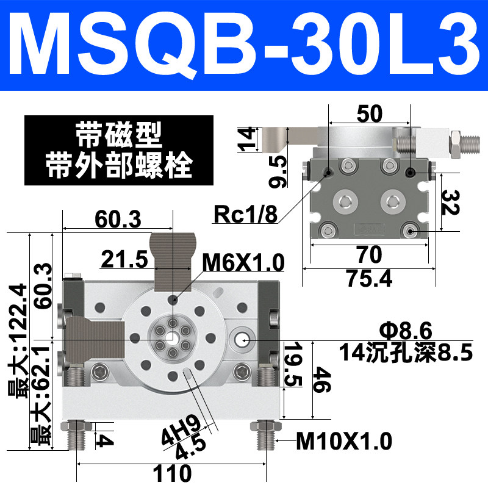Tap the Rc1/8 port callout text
245,215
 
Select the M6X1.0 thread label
243,262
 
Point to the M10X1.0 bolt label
344,441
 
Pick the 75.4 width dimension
370,278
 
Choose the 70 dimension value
370,254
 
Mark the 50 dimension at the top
370,113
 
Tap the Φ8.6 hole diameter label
406,331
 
